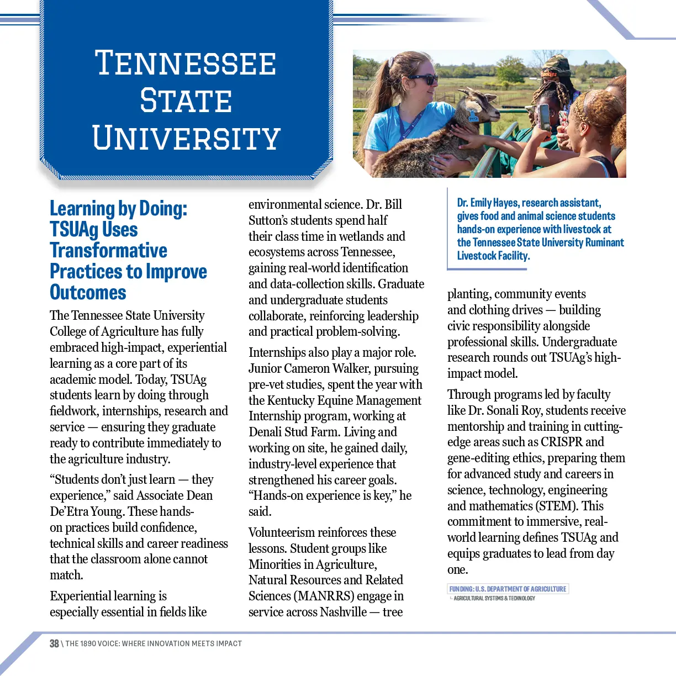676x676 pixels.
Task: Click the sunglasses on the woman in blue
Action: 422,79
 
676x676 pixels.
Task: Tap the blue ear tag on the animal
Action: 473,117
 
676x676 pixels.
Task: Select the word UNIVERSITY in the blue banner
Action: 187,138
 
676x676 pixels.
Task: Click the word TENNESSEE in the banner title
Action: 186,63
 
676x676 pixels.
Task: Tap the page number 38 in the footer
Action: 54,643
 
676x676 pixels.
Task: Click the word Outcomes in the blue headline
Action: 88,292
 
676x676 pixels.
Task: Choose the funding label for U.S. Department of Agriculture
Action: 508,589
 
